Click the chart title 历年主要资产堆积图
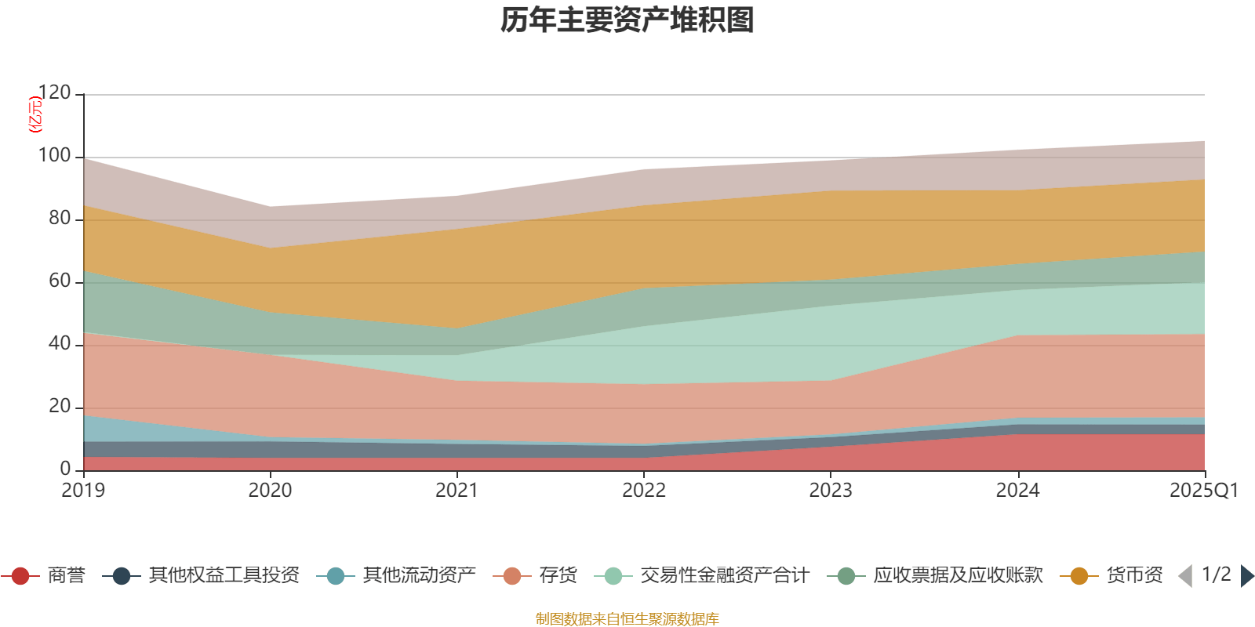point(627,20)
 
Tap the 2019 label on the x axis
point(83,491)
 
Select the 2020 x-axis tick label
point(270,491)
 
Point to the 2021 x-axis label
point(457,491)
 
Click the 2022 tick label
point(643,491)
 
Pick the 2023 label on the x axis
point(831,491)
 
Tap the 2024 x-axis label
point(1017,491)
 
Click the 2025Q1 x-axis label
point(1203,491)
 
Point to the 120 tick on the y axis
point(54,93)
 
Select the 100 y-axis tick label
point(54,156)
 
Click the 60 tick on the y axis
point(60,281)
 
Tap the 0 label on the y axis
point(65,469)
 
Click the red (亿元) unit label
point(35,114)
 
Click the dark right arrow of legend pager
point(1246,576)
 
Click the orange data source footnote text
point(627,619)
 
